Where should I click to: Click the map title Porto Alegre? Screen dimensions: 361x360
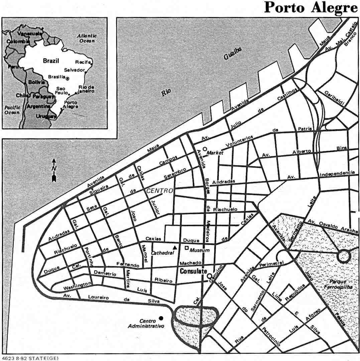click(311, 7)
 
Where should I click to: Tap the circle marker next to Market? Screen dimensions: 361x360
click(205, 149)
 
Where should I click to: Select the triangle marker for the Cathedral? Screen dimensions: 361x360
click(174, 248)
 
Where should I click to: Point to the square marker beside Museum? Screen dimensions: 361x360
click(187, 248)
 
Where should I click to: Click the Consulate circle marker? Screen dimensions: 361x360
click(209, 276)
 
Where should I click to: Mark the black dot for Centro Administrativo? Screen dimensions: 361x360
click(161, 318)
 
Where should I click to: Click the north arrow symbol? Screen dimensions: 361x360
click(54, 171)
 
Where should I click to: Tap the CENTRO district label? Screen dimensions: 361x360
click(160, 191)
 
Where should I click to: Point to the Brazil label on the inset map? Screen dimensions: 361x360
click(51, 61)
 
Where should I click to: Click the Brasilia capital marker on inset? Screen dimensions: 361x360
click(68, 79)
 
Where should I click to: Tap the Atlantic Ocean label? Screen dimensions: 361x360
click(87, 38)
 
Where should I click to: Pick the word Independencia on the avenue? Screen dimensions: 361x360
click(337, 173)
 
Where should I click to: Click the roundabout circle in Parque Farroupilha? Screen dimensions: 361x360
click(344, 257)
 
